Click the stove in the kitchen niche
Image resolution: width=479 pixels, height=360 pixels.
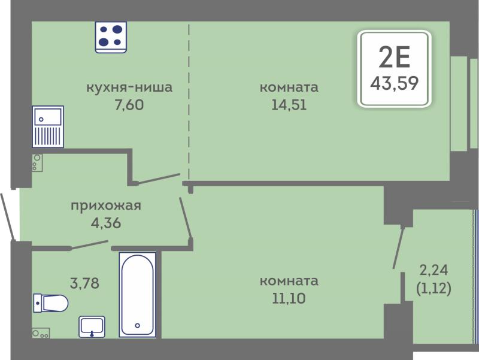[x=111, y=37]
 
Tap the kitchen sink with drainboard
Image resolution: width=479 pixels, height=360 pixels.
[x=48, y=126]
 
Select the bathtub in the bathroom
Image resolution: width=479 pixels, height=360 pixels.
[x=138, y=295]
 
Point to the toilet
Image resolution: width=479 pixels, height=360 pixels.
[x=50, y=303]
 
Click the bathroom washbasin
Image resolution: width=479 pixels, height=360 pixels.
[x=92, y=326]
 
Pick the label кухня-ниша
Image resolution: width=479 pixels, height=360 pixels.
[x=129, y=87]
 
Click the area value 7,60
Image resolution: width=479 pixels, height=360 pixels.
[x=129, y=105]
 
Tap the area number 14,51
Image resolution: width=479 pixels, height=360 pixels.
[x=289, y=105]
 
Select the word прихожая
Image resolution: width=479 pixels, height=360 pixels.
[x=106, y=206]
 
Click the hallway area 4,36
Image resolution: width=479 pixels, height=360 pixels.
[x=106, y=223]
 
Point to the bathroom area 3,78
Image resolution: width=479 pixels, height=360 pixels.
[x=84, y=283]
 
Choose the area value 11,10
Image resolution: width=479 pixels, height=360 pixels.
[x=289, y=298]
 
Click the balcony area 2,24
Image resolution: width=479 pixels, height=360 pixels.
[x=433, y=270]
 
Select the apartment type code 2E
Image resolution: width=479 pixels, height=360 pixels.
[x=395, y=58]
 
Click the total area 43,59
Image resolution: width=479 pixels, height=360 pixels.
[x=395, y=83]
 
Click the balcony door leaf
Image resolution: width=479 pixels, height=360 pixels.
[x=399, y=247]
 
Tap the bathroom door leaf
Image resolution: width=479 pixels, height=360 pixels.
[x=89, y=245]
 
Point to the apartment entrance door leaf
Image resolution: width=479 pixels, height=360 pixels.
[x=7, y=216]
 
